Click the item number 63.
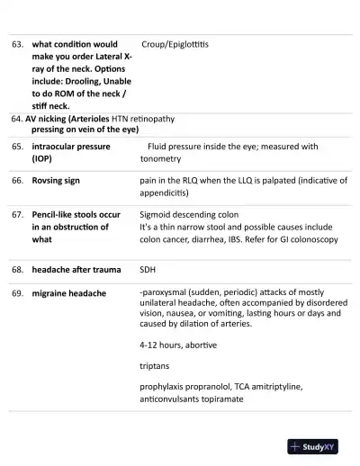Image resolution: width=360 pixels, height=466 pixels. pos(17,43)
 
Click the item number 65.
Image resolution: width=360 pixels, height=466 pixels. pos(17,146)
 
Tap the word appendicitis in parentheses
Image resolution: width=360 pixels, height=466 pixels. pos(167,193)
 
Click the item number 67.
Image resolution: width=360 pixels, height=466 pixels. pos(17,216)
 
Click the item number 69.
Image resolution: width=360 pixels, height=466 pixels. pos(17,293)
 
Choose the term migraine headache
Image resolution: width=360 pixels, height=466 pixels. pos(69,293)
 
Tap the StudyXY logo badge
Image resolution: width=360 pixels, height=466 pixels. pos(317,445)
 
